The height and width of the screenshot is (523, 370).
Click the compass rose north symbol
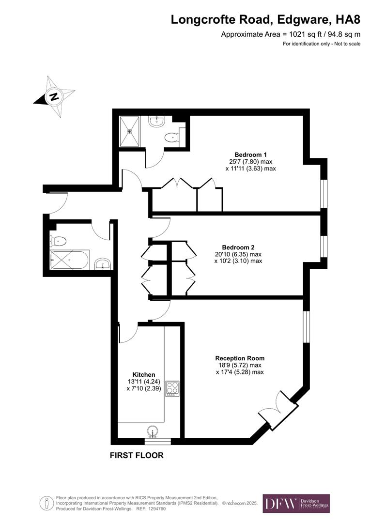pyautogui.click(x=54, y=96)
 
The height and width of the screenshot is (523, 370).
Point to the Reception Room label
pyautogui.click(x=240, y=358)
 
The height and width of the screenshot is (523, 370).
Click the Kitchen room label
pyautogui.click(x=144, y=374)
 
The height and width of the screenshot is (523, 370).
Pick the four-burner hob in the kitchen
pyautogui.click(x=172, y=388)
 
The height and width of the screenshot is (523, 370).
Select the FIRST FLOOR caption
pyautogui.click(x=137, y=456)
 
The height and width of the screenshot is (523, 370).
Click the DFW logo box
pyautogui.click(x=296, y=503)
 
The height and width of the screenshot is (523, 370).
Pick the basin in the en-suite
pyautogui.click(x=156, y=121)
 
